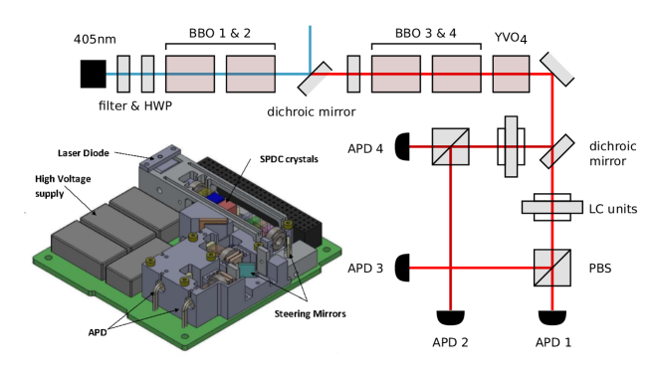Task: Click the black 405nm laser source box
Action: [94, 74]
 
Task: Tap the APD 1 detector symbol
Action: [552, 317]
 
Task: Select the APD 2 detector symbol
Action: [450, 317]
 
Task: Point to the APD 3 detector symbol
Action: [402, 268]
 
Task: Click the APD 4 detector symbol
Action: [402, 146]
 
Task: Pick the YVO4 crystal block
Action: [511, 74]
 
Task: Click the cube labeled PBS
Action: [552, 268]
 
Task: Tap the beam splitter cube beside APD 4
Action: [451, 146]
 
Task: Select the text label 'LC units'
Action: [613, 209]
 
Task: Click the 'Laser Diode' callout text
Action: [84, 153]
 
